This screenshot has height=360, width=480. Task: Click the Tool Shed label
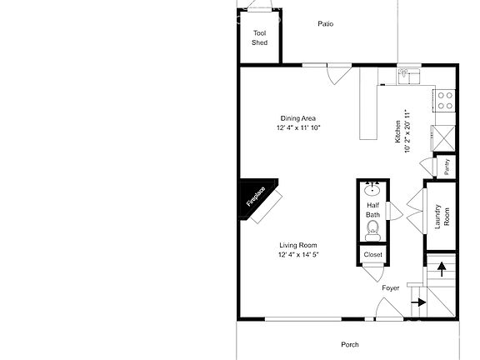[260, 37]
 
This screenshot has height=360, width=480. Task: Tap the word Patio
[325, 23]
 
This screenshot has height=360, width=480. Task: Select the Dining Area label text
[298, 118]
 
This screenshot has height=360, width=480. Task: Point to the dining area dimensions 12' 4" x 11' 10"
[298, 128]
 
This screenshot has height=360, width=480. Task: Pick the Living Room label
[299, 245]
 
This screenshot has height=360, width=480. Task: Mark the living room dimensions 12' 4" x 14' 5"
[299, 254]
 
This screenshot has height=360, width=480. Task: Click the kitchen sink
[407, 76]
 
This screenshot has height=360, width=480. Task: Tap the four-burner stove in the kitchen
[445, 101]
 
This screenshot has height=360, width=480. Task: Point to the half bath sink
[373, 189]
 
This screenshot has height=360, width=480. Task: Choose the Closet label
[373, 254]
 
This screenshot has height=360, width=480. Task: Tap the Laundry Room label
[442, 216]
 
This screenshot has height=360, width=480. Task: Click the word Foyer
[391, 288]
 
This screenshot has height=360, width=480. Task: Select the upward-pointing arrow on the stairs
[442, 269]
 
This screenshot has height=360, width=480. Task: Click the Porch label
[350, 344]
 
